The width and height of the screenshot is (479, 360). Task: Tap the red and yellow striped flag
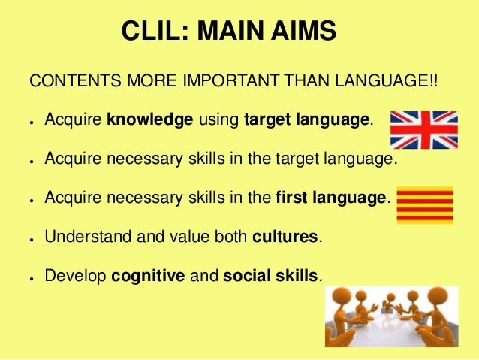click(424, 205)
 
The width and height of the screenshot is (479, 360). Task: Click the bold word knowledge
click(150, 119)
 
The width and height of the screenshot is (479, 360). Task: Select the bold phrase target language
click(308, 119)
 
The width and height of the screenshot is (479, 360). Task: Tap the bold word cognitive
click(148, 276)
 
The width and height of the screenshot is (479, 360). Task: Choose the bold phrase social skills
click(270, 276)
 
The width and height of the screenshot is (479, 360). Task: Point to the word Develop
click(75, 276)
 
